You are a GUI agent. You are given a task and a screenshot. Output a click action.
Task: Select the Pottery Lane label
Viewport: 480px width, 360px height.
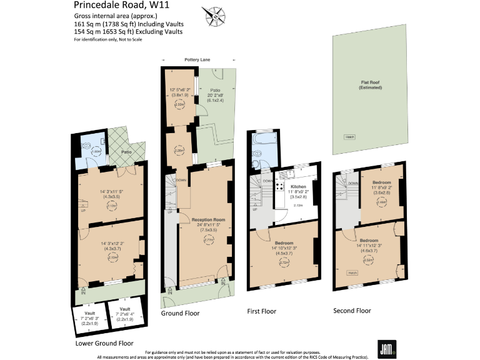pyautogui.click(x=197, y=60)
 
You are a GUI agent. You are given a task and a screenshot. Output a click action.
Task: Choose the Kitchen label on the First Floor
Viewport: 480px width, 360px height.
pyautogui.click(x=297, y=186)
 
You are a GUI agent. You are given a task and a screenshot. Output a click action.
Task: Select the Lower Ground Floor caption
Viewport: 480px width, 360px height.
pyautogui.click(x=104, y=343)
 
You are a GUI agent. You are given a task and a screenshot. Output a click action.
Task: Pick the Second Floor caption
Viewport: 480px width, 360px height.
pyautogui.click(x=352, y=311)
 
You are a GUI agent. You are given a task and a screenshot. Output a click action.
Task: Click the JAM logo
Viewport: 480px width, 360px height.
pyautogui.click(x=385, y=348)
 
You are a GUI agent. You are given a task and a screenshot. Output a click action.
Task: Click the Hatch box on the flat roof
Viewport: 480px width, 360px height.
pyautogui.click(x=349, y=137)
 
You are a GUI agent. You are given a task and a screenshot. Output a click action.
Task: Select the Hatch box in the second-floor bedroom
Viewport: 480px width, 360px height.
pyautogui.click(x=353, y=272)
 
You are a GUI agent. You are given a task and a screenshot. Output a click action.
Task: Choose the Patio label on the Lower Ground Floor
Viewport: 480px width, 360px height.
pyautogui.click(x=126, y=152)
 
